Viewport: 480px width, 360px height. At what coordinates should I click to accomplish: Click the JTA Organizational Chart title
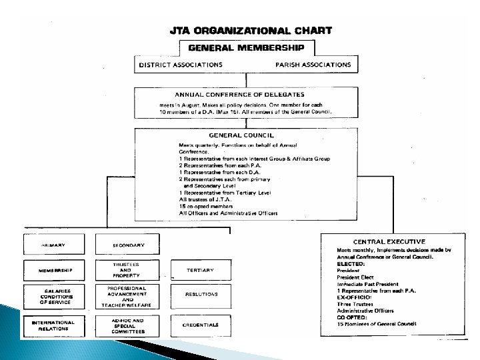[246, 30]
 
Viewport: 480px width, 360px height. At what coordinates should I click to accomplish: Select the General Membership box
[246, 48]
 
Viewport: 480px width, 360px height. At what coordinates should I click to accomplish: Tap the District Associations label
[180, 65]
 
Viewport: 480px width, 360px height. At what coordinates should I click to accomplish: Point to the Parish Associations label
[313, 65]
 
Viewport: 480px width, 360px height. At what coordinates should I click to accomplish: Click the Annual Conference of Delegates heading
[246, 94]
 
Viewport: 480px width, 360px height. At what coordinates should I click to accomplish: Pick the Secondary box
[129, 245]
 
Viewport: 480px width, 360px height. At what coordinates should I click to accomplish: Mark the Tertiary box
[200, 270]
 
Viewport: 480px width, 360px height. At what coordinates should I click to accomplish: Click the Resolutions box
[200, 293]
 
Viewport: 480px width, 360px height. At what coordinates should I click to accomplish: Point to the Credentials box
[200, 325]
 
